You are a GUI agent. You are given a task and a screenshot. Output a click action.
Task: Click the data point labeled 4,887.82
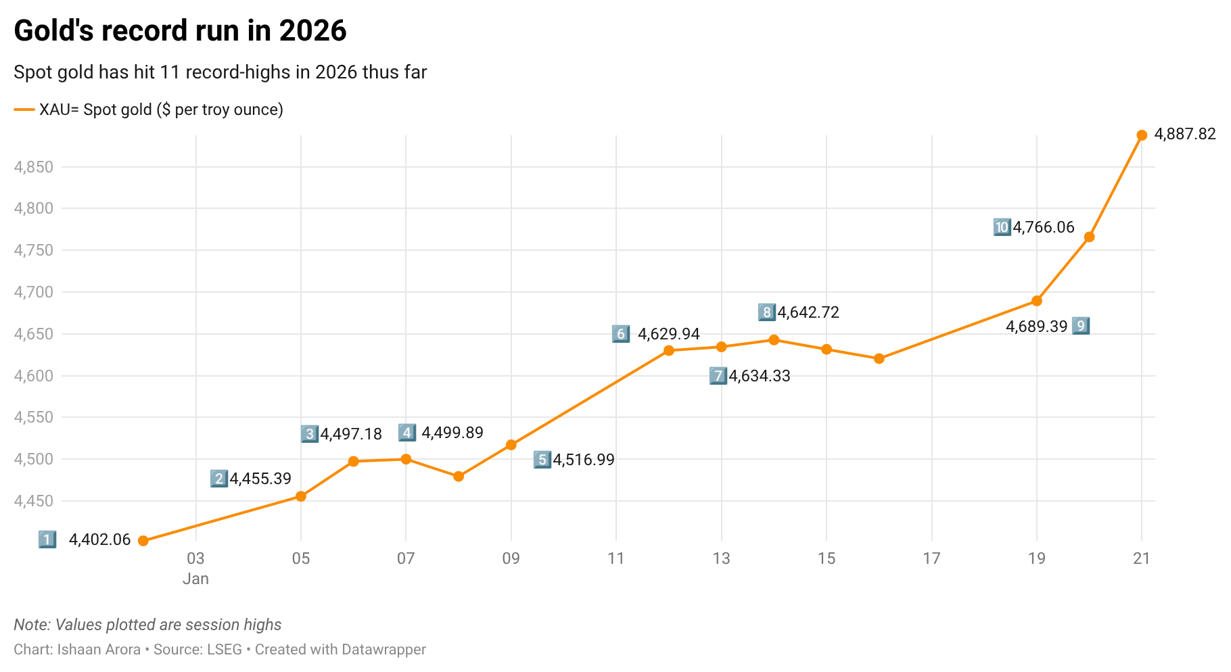(1142, 135)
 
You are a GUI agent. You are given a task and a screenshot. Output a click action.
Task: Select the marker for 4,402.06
(143, 541)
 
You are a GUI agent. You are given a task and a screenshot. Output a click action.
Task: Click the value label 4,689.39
(1036, 327)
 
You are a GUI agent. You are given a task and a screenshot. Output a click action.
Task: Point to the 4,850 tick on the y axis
(33, 167)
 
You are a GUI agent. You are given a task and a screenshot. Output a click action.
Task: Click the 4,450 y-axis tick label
(33, 501)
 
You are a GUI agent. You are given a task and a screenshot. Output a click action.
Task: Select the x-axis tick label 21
(1142, 558)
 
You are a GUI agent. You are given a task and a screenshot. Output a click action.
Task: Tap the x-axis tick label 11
(616, 558)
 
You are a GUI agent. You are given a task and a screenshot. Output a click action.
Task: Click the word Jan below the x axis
(195, 579)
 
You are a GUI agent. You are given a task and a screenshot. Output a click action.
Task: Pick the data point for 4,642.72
(774, 340)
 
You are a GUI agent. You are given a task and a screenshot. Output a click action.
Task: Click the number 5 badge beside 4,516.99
(542, 460)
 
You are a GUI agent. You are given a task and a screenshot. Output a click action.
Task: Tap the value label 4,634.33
(759, 377)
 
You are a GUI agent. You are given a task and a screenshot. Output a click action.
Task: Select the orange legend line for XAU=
(24, 110)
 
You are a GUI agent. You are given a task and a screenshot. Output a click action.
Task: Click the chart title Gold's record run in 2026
(180, 31)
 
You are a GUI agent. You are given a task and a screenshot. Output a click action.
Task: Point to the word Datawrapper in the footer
(384, 650)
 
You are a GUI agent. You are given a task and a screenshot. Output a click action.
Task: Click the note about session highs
(147, 625)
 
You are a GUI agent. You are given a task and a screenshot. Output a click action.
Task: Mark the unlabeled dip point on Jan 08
(459, 477)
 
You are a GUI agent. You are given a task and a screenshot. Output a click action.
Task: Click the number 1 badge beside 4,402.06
(47, 539)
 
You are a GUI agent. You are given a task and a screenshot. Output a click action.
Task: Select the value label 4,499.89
(452, 433)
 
